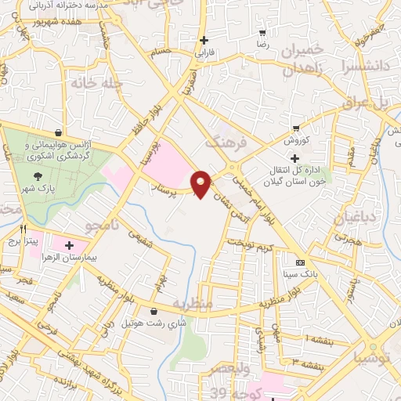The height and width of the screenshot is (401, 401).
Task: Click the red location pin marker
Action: click(202, 183)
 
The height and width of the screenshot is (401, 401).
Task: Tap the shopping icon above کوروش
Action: click(295, 128)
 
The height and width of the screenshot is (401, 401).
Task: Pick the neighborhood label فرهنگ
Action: click(225, 141)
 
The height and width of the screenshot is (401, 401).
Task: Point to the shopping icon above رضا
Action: click(262, 33)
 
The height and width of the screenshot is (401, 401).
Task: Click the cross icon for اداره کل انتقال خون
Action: click(294, 158)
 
